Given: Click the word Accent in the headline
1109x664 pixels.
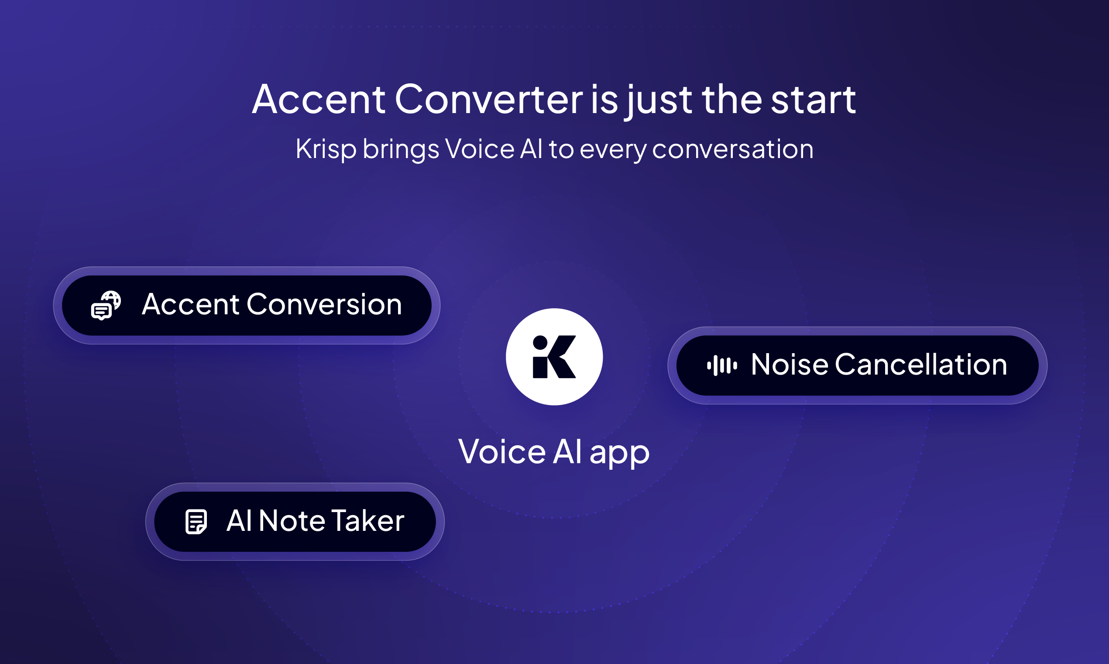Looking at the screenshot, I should pyautogui.click(x=319, y=100).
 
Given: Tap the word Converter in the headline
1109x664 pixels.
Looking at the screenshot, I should pyautogui.click(x=488, y=100).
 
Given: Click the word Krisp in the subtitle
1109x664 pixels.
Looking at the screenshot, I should pyautogui.click(x=326, y=149).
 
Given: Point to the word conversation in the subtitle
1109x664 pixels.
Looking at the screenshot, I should pyautogui.click(x=732, y=149).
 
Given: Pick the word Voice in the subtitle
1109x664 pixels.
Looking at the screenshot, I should pyautogui.click(x=479, y=149).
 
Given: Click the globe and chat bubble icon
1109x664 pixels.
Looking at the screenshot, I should pyautogui.click(x=106, y=305).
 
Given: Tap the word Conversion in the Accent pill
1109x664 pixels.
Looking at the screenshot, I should pyautogui.click(x=324, y=305).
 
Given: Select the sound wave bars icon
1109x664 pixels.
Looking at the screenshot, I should pyautogui.click(x=722, y=365).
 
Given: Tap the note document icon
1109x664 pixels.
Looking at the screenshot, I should pyautogui.click(x=196, y=522).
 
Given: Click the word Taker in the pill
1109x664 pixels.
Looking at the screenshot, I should pyautogui.click(x=367, y=521).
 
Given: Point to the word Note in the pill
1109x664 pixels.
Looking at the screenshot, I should pyautogui.click(x=292, y=521).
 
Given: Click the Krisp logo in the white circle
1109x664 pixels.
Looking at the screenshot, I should pyautogui.click(x=554, y=357).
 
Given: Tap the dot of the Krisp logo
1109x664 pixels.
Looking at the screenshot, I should pyautogui.click(x=540, y=342).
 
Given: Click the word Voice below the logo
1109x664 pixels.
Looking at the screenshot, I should pyautogui.click(x=502, y=452).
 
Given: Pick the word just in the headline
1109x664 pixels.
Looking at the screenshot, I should pyautogui.click(x=659, y=101).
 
